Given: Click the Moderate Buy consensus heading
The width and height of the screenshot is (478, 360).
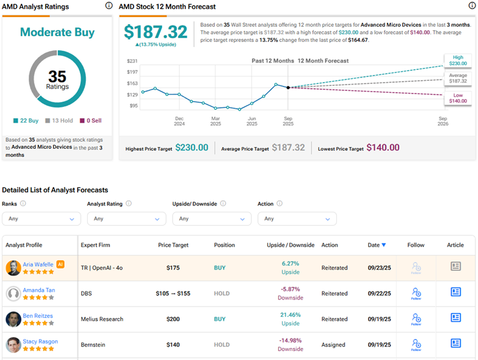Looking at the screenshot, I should pyautogui.click(x=57, y=32).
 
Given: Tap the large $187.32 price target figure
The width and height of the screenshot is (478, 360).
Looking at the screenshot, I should pyautogui.click(x=155, y=32).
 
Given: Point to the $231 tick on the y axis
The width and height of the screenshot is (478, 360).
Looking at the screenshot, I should pyautogui.click(x=132, y=61).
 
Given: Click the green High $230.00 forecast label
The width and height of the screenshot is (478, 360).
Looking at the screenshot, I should pyautogui.click(x=458, y=61).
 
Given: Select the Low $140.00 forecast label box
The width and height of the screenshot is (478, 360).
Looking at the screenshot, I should pyautogui.click(x=458, y=97).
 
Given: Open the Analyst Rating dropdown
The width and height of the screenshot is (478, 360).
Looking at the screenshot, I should pyautogui.click(x=126, y=218).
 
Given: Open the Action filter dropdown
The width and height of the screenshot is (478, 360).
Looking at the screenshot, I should pyautogui.click(x=297, y=218).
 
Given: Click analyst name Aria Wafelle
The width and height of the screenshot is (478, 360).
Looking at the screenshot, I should pyautogui.click(x=39, y=264).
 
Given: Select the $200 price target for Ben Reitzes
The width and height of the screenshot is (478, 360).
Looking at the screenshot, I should pyautogui.click(x=172, y=319).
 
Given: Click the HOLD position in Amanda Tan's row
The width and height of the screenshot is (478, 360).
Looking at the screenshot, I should pyautogui.click(x=222, y=293).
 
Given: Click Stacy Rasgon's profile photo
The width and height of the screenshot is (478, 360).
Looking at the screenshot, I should pyautogui.click(x=13, y=345).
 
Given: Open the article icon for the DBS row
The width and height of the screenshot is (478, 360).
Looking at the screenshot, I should pyautogui.click(x=456, y=292).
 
